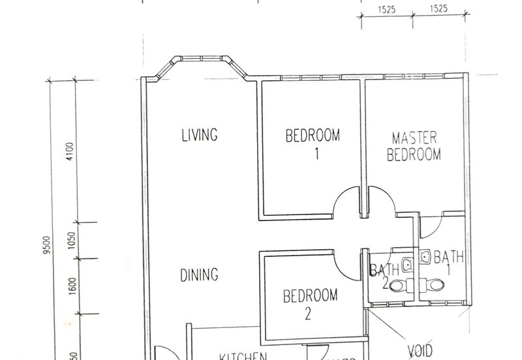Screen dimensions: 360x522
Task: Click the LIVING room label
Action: click(x=199, y=136)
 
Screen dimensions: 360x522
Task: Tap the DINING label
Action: click(x=199, y=275)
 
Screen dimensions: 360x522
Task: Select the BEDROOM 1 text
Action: click(x=313, y=143)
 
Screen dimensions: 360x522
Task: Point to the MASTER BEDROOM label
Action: click(x=414, y=147)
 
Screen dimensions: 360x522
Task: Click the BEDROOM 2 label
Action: click(x=311, y=303)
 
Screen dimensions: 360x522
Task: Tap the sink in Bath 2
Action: click(x=408, y=264)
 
